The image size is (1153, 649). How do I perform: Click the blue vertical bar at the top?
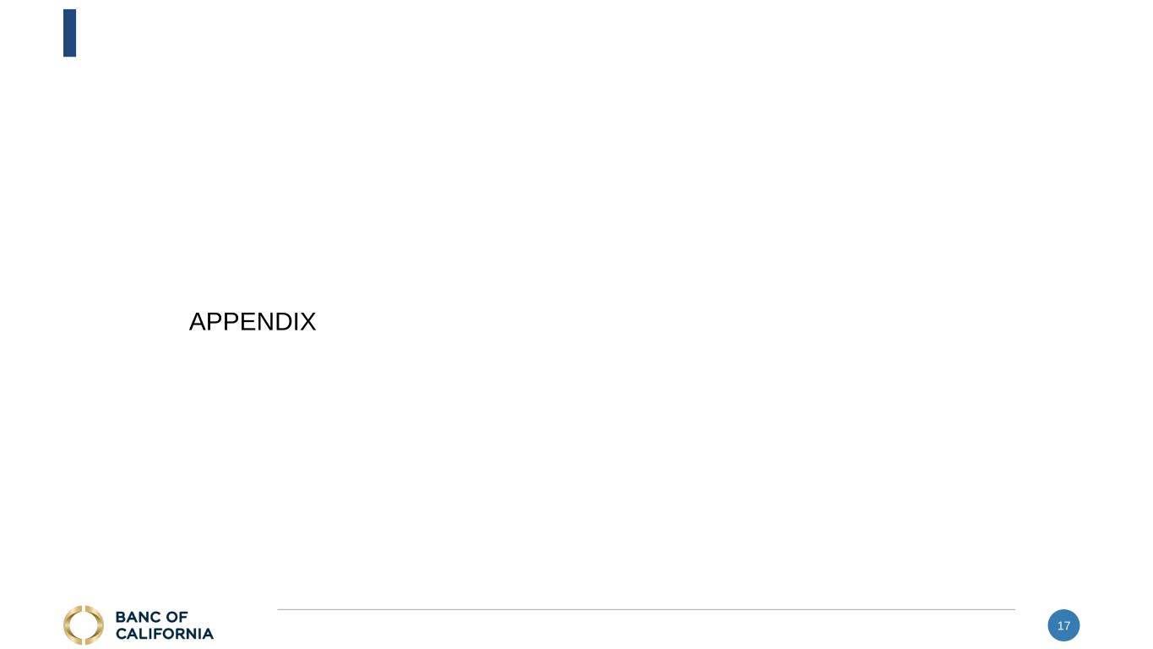coord(69,33)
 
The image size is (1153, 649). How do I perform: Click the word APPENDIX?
coord(252,322)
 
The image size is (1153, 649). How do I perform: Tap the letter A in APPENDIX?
coord(198,322)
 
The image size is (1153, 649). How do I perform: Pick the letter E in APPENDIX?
coord(238,322)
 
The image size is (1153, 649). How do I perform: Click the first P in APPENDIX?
coord(210,322)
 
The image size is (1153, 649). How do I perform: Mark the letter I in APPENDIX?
coord(291,322)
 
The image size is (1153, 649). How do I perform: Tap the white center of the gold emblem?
coord(83,625)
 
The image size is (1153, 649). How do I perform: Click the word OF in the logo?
coord(177,618)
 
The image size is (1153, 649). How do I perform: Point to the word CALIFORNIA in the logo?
coord(165,634)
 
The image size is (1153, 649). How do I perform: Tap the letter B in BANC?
coord(121,618)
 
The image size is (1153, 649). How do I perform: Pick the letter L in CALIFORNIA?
coord(141,634)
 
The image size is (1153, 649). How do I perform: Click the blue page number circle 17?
coord(1063,625)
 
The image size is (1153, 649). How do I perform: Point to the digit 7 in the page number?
coord(1067,626)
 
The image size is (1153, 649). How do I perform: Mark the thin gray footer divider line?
coord(646,609)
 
